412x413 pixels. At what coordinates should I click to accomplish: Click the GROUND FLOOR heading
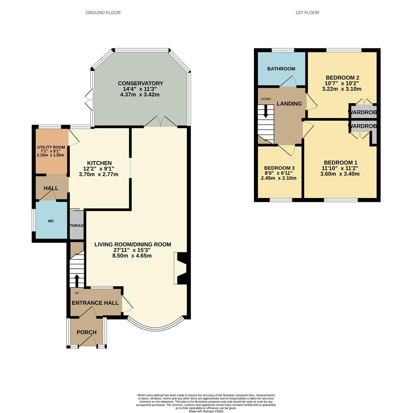(103, 13)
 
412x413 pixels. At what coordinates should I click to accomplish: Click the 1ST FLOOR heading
(307, 13)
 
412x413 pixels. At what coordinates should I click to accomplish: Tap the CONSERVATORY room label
(140, 83)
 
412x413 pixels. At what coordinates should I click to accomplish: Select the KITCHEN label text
(99, 163)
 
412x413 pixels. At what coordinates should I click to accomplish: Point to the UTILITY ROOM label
(51, 147)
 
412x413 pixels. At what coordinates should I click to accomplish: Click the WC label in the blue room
(51, 221)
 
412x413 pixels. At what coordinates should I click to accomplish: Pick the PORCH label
(86, 332)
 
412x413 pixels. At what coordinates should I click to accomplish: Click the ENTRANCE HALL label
(95, 303)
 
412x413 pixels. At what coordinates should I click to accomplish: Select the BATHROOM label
(281, 69)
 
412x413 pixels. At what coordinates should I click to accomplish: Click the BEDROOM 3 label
(279, 168)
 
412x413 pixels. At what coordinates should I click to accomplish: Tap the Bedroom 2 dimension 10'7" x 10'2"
(342, 83)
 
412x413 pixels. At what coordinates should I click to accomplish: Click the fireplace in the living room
(180, 268)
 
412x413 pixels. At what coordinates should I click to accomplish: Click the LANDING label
(289, 104)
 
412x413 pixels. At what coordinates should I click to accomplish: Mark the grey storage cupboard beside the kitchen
(76, 225)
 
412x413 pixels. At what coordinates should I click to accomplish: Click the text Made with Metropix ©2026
(206, 411)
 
